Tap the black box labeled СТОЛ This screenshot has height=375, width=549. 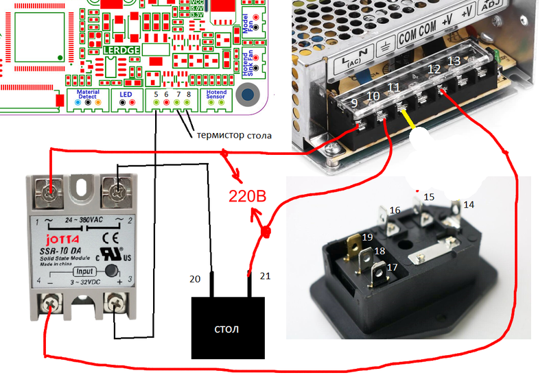coord(227,329)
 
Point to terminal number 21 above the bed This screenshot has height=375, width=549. coord(265,276)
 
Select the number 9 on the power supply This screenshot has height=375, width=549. coord(353,104)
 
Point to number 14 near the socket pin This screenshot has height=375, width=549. coord(467,204)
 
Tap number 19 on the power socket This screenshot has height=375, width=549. coord(367,237)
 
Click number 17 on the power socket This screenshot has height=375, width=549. coord(393,267)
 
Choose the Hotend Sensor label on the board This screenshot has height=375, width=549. coord(217,95)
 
